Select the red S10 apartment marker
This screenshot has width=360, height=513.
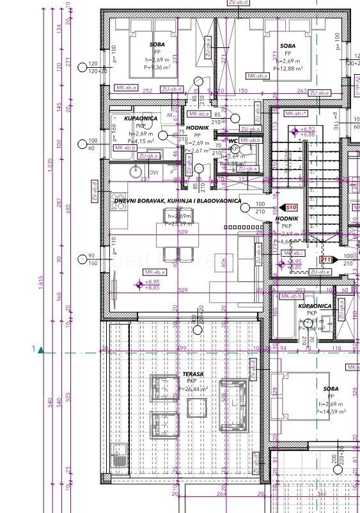(x=291, y=208)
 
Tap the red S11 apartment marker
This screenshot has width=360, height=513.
(x=325, y=260)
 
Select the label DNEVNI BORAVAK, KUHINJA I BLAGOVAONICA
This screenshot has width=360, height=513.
(x=177, y=201)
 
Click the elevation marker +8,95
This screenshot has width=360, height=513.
(x=152, y=282)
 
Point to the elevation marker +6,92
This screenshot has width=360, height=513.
(x=307, y=130)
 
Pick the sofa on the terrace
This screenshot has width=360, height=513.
(x=233, y=402)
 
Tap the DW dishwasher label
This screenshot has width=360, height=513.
(x=153, y=172)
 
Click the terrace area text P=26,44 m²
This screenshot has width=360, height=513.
(x=194, y=388)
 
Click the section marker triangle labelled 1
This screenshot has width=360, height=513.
(x=40, y=349)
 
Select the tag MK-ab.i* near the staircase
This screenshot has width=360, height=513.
(x=296, y=113)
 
